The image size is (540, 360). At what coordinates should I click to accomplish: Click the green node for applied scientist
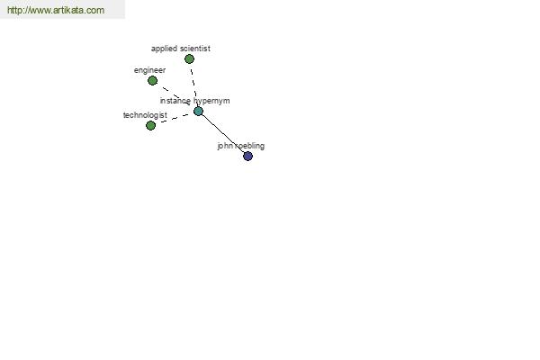(x=189, y=58)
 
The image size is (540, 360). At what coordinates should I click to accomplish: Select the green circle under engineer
(x=152, y=81)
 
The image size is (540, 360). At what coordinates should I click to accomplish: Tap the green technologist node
(x=150, y=125)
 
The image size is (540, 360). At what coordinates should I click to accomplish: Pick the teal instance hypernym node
(x=198, y=111)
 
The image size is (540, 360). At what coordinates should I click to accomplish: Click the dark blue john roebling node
(x=247, y=156)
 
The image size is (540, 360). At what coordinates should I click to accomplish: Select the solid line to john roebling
(x=223, y=134)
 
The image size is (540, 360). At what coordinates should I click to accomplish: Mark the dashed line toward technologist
(x=175, y=118)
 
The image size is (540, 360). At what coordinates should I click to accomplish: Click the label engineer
(x=149, y=70)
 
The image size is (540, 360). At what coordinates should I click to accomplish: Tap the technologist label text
(x=145, y=115)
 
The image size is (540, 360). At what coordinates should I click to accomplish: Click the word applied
(x=164, y=49)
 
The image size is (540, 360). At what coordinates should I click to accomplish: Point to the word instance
(x=175, y=101)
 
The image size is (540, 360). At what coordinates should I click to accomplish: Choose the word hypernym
(x=211, y=102)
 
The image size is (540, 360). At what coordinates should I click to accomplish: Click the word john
(x=225, y=146)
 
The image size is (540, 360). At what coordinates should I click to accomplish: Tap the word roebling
(x=249, y=146)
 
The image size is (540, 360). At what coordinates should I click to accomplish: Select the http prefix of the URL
(x=14, y=10)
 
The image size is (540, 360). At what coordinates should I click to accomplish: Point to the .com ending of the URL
(x=94, y=10)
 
